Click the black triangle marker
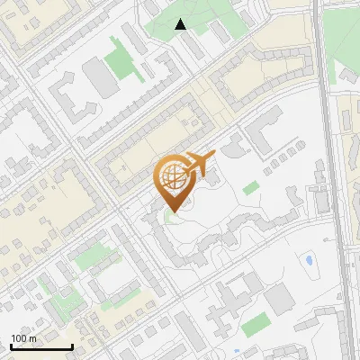[x=181, y=24]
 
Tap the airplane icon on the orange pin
[x=199, y=164]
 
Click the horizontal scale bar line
[x=41, y=346]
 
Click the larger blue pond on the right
[x=309, y=261]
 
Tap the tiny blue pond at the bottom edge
[x=236, y=352]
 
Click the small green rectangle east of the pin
[x=251, y=188]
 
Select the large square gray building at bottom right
[x=280, y=298]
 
